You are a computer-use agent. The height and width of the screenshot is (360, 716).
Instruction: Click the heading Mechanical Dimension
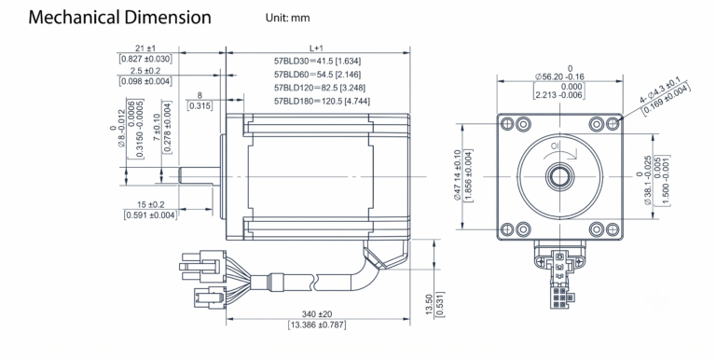click(119, 18)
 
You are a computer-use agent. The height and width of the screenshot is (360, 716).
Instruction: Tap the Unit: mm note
click(288, 18)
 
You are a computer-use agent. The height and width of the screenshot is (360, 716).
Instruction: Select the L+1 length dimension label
click(316, 48)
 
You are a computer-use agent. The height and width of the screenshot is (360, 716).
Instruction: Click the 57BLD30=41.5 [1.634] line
click(317, 61)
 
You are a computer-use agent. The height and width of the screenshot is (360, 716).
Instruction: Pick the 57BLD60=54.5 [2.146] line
click(317, 74)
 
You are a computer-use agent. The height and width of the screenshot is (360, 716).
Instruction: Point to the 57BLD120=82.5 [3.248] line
click(320, 88)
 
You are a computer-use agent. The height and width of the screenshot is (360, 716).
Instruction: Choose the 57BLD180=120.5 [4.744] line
click(322, 101)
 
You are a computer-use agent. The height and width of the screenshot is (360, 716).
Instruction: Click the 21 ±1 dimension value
click(145, 48)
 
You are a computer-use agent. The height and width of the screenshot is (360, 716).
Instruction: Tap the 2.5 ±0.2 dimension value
click(145, 70)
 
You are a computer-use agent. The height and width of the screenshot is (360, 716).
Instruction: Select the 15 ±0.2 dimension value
click(151, 204)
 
